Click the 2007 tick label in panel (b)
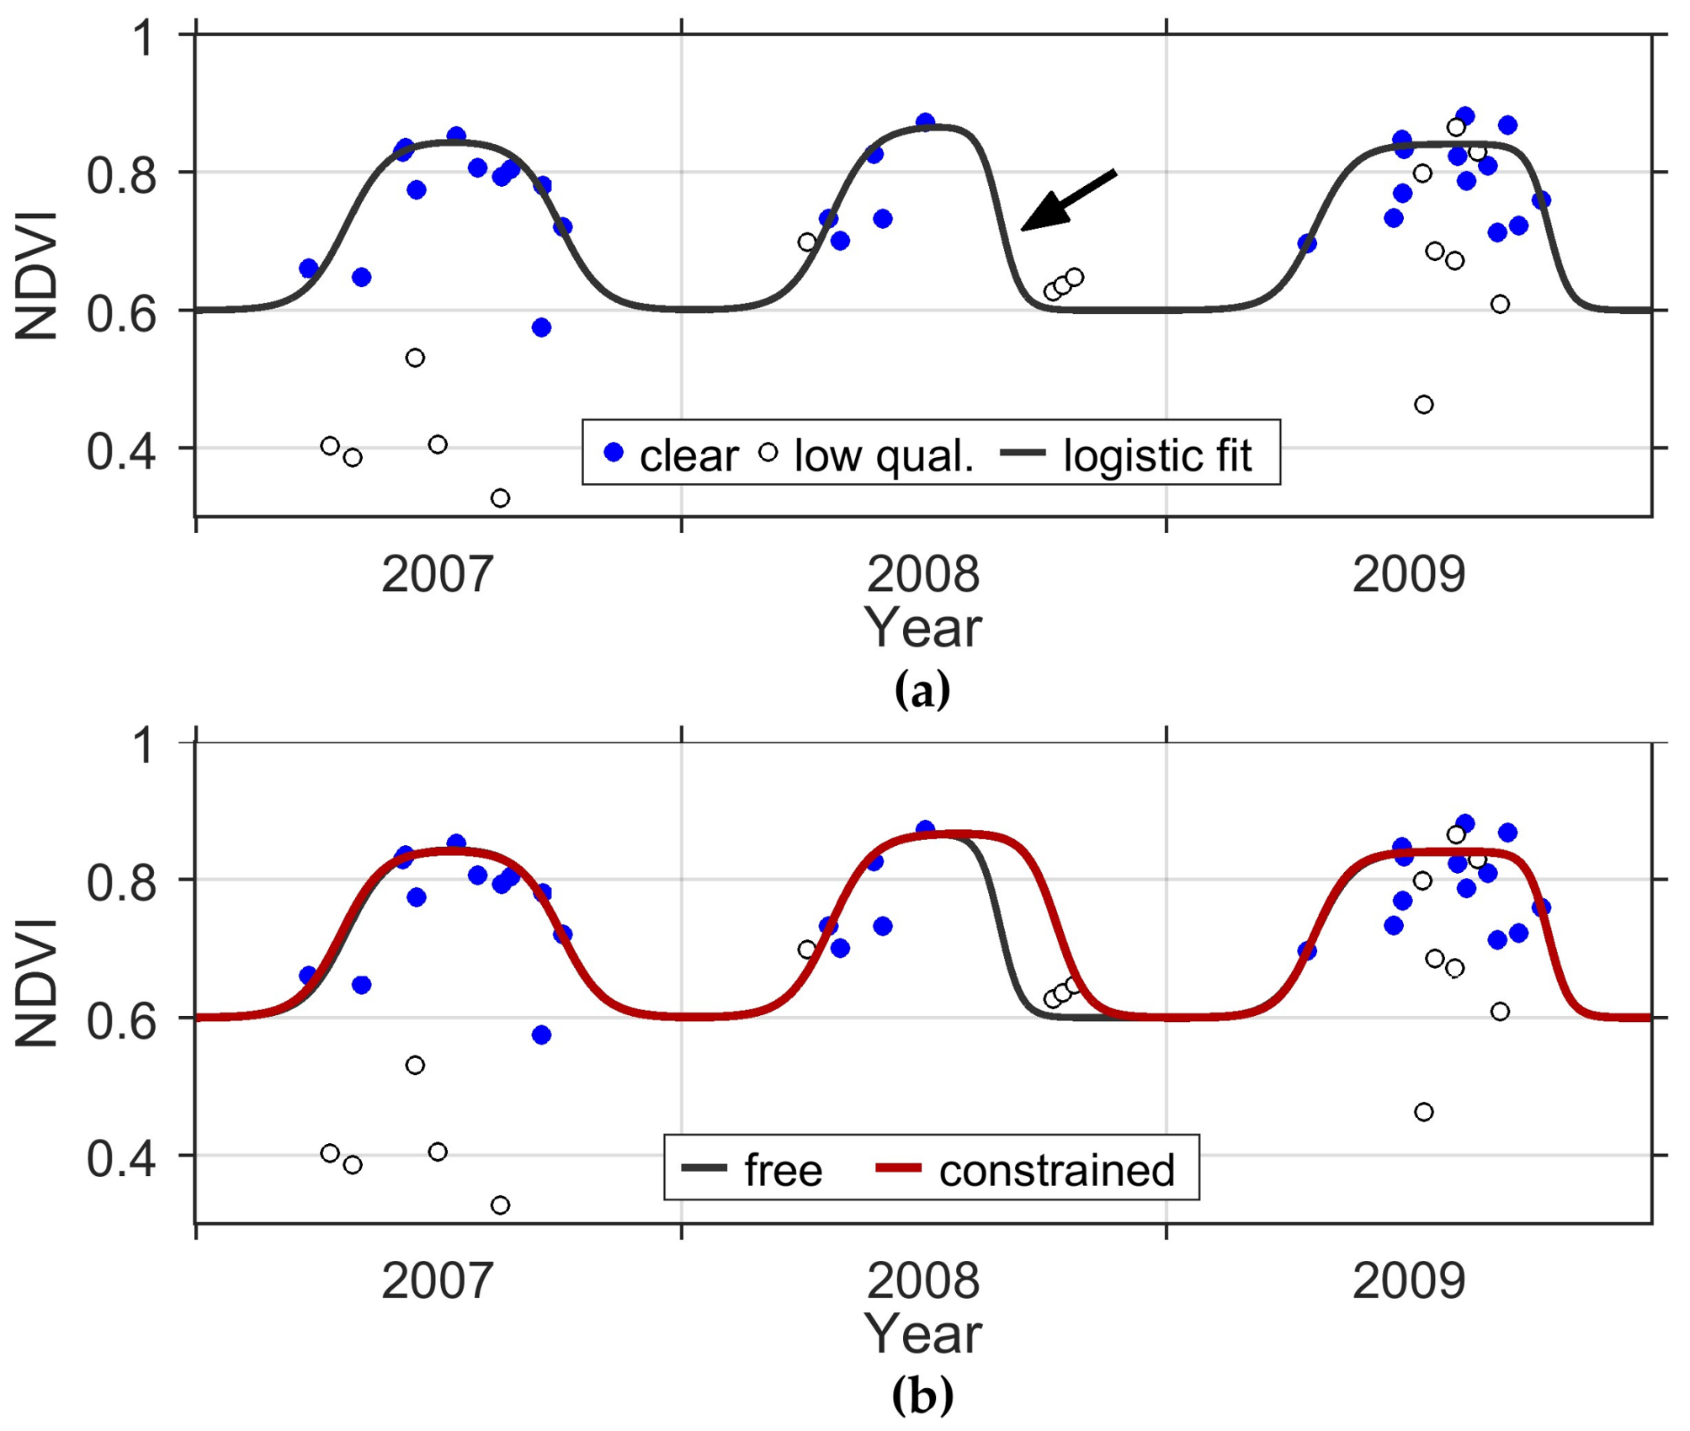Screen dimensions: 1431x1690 click(437, 1281)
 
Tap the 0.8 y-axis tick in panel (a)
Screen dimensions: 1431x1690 click(121, 175)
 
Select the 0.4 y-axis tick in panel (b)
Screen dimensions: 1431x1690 click(121, 1158)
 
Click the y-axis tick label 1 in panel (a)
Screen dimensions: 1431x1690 click(144, 39)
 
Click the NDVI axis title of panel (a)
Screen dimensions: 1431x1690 click(37, 276)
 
